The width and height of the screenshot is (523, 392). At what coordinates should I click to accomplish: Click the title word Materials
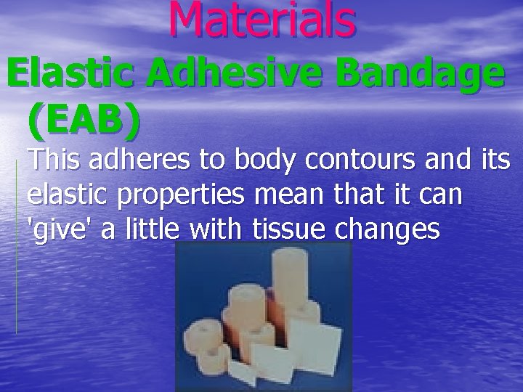(x=263, y=20)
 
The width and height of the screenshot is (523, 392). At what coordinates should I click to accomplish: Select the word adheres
(x=144, y=161)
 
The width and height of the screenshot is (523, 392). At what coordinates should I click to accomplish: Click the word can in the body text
(x=442, y=196)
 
